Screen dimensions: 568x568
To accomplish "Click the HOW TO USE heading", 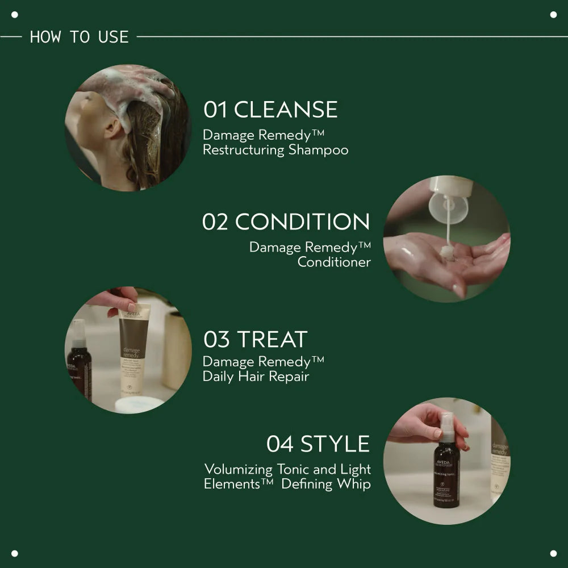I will point(79,37).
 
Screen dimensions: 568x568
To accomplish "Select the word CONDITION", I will point(302,222).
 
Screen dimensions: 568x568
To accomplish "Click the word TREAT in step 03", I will point(272,339).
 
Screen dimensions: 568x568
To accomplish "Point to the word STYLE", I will point(335,444).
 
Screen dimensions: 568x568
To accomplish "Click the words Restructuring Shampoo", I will point(275,150).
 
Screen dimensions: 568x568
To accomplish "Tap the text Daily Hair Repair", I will point(256,376).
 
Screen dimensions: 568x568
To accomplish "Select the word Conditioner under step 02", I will point(334,262).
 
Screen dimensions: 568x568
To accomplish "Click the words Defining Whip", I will point(325,484).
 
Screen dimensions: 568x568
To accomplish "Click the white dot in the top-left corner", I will point(15,15).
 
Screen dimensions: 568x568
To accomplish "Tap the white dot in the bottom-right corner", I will point(553,553).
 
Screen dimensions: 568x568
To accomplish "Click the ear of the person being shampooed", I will point(112,128).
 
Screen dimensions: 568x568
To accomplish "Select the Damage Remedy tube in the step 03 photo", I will point(134,352).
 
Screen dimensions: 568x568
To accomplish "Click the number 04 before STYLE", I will point(279,444).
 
